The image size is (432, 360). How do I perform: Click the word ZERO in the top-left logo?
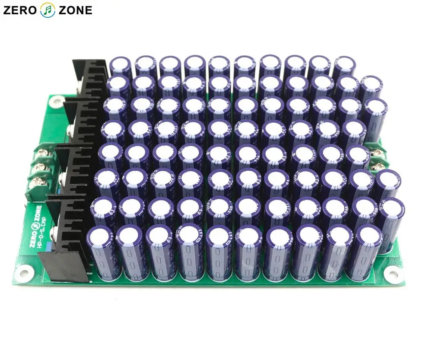coord(20,10)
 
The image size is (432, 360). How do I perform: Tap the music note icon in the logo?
coord(48,10)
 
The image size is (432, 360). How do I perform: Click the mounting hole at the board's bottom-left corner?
coord(25,273)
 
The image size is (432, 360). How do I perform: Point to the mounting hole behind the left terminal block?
coord(54,102)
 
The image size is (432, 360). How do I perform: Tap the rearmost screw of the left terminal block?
coord(43,153)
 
